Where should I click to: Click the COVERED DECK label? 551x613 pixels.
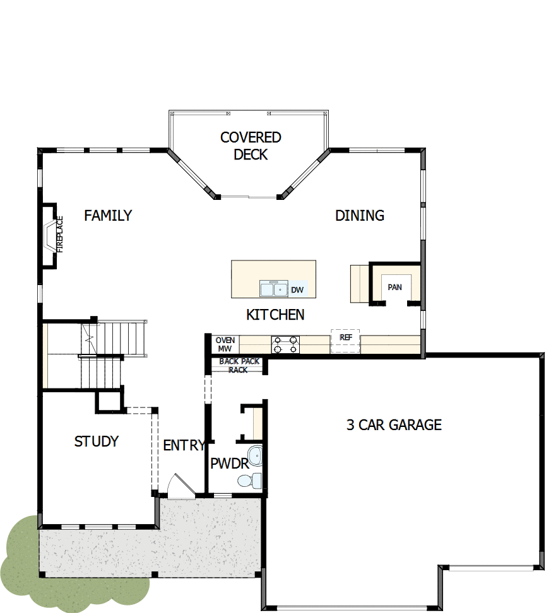[251, 146]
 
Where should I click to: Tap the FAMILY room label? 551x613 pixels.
[108, 216]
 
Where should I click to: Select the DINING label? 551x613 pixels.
[359, 216]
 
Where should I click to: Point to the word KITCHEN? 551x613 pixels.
[275, 315]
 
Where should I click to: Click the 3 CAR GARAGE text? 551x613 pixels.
[394, 425]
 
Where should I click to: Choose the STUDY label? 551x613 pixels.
[97, 441]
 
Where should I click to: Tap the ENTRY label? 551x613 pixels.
[184, 445]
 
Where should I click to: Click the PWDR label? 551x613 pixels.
[228, 465]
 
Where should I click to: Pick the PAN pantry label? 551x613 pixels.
[394, 288]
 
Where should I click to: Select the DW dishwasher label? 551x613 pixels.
[297, 290]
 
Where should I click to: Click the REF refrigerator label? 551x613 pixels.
[345, 337]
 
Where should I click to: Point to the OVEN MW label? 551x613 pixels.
[225, 344]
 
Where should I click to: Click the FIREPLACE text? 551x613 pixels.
[61, 235]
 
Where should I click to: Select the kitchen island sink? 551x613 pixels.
[274, 289]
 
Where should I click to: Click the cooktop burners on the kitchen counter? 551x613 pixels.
[285, 344]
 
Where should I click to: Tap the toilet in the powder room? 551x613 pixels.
[250, 481]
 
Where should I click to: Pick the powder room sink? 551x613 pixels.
[254, 454]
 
